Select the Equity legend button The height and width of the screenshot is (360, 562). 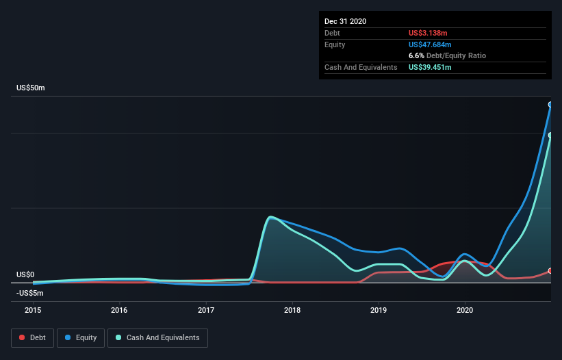pyautogui.click(x=81, y=337)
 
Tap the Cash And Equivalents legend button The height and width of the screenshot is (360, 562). pyautogui.click(x=157, y=337)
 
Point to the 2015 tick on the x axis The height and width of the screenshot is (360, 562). pyautogui.click(x=33, y=310)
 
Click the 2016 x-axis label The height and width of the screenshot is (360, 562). pyautogui.click(x=119, y=310)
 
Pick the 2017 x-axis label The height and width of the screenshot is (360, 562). pyautogui.click(x=206, y=310)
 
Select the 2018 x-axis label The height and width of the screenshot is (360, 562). pyautogui.click(x=292, y=310)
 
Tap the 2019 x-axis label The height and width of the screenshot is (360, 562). pyautogui.click(x=379, y=310)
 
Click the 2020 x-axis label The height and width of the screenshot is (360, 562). pyautogui.click(x=465, y=310)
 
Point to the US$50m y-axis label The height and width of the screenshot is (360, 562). pyautogui.click(x=31, y=88)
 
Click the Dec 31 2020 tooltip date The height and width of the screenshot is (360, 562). pyautogui.click(x=346, y=21)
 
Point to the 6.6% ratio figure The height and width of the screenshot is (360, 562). pyautogui.click(x=416, y=55)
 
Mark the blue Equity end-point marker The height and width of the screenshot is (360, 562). pyautogui.click(x=550, y=105)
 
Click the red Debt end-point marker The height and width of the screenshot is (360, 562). pyautogui.click(x=550, y=271)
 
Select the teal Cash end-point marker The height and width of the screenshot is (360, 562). pyautogui.click(x=550, y=136)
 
